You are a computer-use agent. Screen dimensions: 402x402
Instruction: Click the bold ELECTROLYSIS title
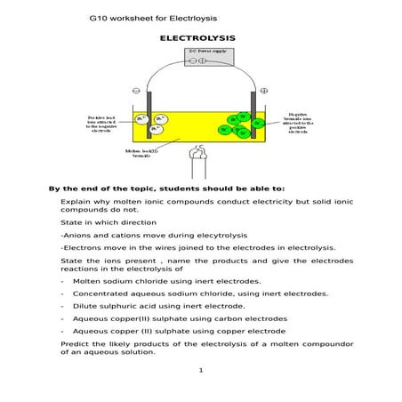(197, 39)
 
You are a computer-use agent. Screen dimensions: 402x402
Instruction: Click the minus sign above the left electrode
(136, 90)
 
